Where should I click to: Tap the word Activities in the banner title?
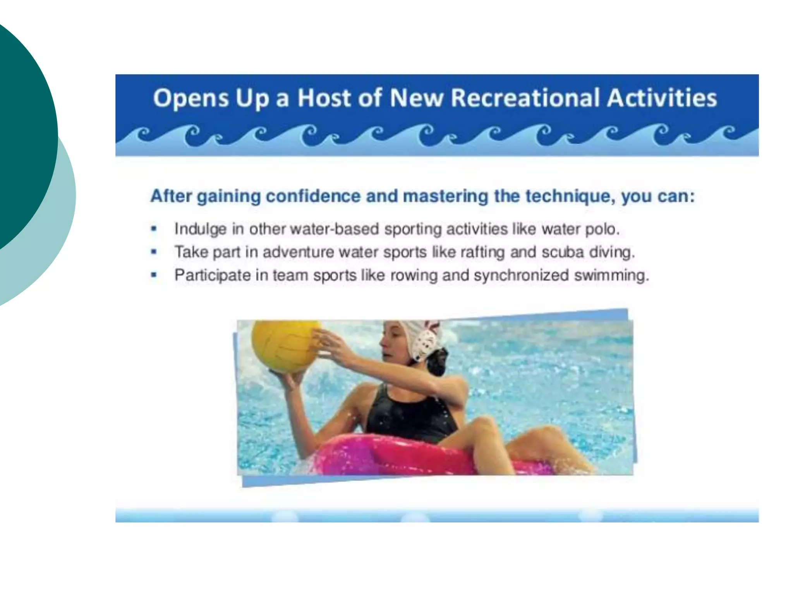pyautogui.click(x=662, y=98)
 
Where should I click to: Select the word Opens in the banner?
pyautogui.click(x=191, y=98)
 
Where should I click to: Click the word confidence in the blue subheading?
pyautogui.click(x=313, y=196)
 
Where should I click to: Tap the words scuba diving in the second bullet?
pyautogui.click(x=588, y=252)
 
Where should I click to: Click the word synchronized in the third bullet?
pyautogui.click(x=521, y=275)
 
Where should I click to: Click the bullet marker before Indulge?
pyautogui.click(x=154, y=229)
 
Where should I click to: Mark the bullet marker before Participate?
pyautogui.click(x=154, y=275)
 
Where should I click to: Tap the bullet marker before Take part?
pyautogui.click(x=154, y=252)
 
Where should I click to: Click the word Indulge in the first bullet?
pyautogui.click(x=200, y=229)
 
